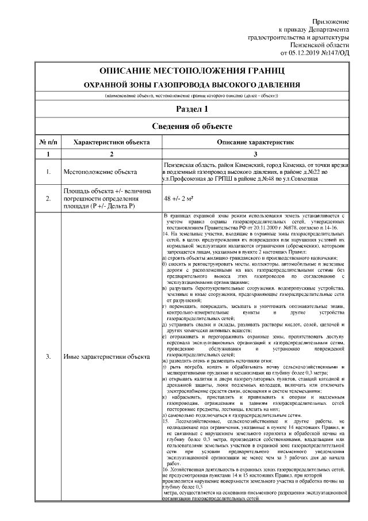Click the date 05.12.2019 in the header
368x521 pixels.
(x=311, y=53)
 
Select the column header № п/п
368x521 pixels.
(x=48, y=142)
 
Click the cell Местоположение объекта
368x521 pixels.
(x=100, y=172)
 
